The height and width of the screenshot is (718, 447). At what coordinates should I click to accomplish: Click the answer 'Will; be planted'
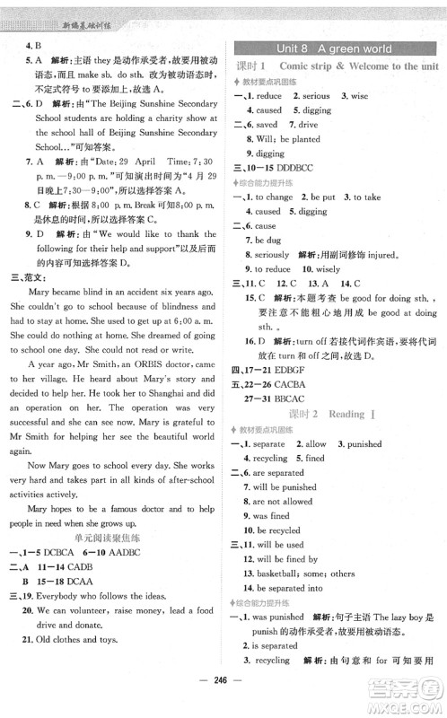coord(286,138)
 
